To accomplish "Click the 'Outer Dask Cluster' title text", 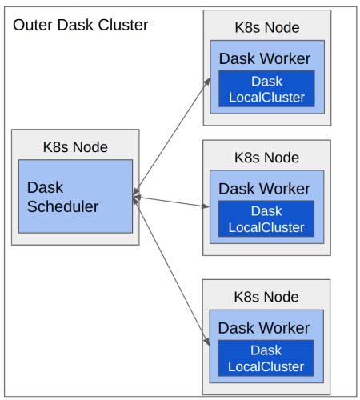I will [80, 24].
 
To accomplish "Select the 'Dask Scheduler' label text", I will [62, 197].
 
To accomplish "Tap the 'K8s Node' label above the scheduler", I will [74, 147].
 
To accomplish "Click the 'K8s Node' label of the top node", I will [266, 28].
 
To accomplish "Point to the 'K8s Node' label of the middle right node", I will [266, 157].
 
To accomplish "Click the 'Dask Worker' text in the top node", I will [264, 59].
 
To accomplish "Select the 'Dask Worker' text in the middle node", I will [264, 189].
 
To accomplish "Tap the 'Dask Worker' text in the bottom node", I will [264, 328].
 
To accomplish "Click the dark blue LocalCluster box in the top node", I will [266, 89].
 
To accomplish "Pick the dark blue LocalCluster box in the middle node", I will [266, 218].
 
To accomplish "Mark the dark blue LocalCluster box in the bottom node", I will [266, 358].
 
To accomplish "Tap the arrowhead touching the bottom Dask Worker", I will [207, 343].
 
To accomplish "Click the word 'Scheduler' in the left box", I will [62, 206].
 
